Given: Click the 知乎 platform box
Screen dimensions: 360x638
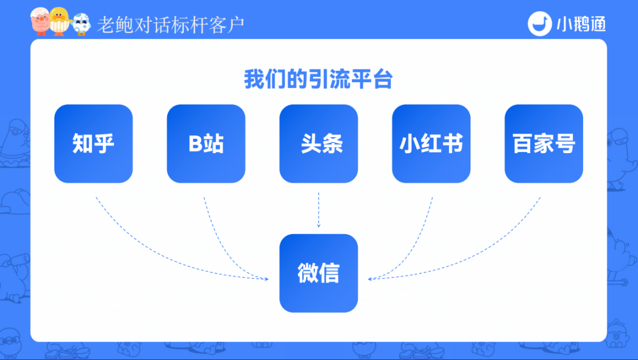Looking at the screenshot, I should tap(93, 144).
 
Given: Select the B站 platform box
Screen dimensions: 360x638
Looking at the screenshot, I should tap(206, 144).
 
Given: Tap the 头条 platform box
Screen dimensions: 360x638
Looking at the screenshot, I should tap(318, 144).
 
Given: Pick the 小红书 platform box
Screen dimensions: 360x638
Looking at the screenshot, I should tap(431, 144).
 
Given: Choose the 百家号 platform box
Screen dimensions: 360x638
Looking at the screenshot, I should tap(543, 144).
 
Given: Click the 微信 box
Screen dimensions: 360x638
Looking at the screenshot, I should tap(318, 273).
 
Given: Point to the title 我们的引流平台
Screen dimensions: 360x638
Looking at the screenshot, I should tap(318, 80).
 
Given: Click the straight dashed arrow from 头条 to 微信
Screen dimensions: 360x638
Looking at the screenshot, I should tap(318, 210).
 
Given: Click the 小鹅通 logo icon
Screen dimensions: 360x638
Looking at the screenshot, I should tap(538, 24).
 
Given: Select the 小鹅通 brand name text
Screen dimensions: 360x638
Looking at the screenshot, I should tap(581, 24).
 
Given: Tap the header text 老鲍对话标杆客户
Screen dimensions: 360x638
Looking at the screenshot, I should tap(171, 25).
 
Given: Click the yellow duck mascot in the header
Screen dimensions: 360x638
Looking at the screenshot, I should tap(58, 21).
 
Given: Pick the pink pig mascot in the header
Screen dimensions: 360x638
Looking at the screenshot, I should tap(40, 22).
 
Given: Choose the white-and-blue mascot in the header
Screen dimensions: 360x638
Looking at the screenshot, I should tap(80, 24).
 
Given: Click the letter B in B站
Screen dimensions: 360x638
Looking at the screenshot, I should tap(196, 144).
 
